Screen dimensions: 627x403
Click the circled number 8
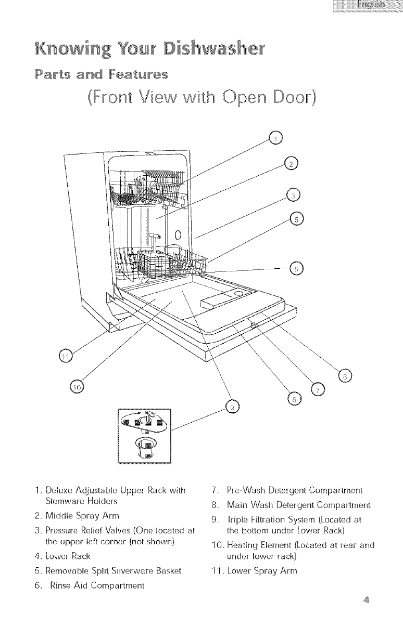(x=294, y=398)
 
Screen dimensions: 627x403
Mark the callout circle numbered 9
(x=232, y=407)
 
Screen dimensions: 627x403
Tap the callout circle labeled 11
(x=65, y=356)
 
